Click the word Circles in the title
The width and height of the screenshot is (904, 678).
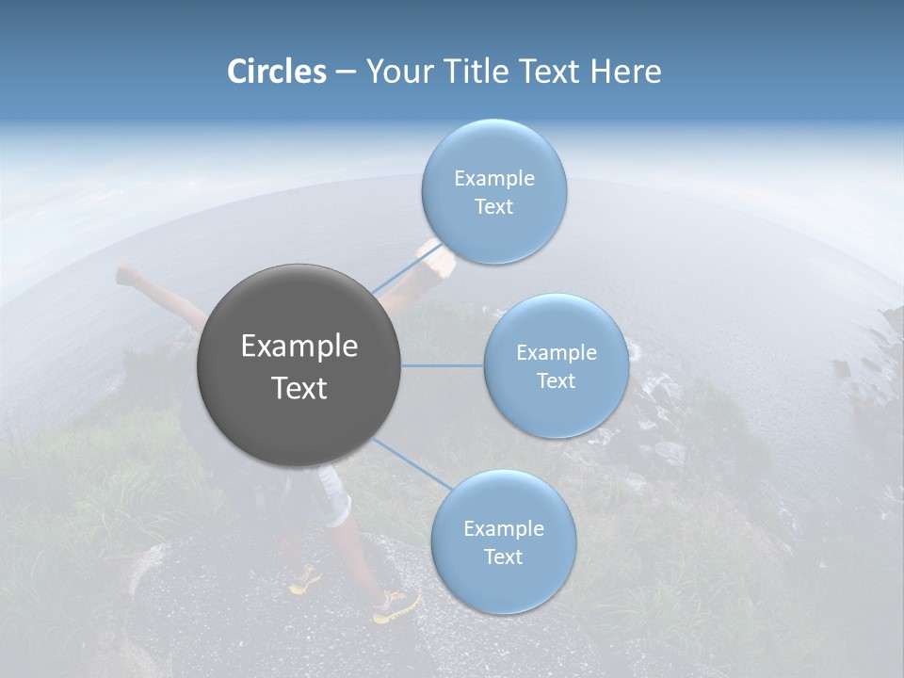click(x=276, y=72)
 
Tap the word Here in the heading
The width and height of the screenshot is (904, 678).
click(x=626, y=72)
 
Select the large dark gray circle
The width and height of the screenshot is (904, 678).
click(x=299, y=365)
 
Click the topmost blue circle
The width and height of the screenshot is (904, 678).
click(x=494, y=191)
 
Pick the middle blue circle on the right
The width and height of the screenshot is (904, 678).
click(x=557, y=365)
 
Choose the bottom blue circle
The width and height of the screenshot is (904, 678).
click(x=504, y=541)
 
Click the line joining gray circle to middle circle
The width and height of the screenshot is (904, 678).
click(x=443, y=365)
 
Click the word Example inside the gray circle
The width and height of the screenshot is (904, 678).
click(x=299, y=346)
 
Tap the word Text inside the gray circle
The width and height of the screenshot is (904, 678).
click(x=299, y=387)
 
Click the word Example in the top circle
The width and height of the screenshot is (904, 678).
click(x=494, y=178)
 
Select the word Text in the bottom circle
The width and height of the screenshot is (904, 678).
click(x=503, y=557)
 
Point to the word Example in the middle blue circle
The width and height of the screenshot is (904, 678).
click(x=557, y=352)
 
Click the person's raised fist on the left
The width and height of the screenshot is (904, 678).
click(x=127, y=274)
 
